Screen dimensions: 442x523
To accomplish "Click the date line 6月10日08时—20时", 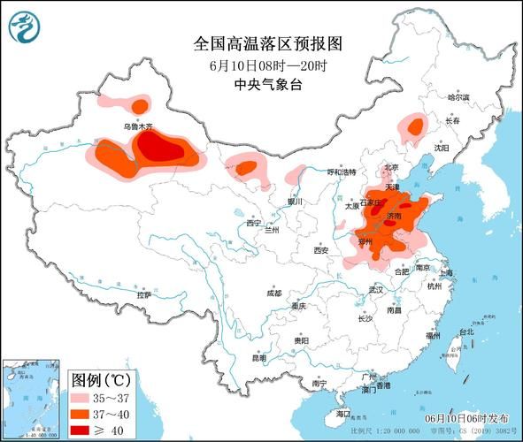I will pos(263,65).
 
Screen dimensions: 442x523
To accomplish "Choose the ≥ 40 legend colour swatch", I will pos(86,430).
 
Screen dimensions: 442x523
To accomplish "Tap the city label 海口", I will pos(343,413).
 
